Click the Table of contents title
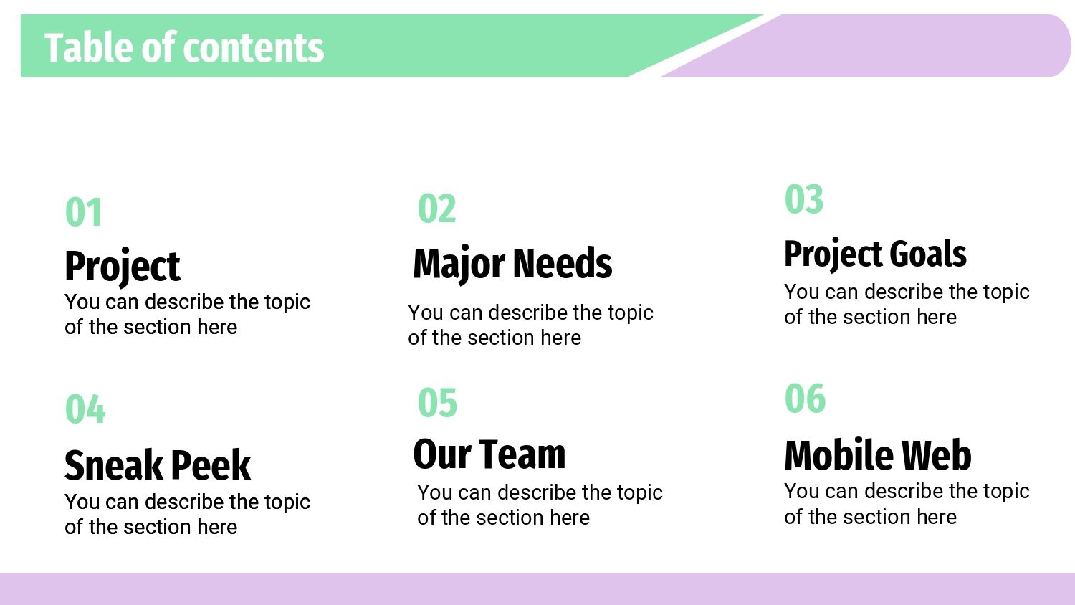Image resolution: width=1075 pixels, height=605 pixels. tap(184, 47)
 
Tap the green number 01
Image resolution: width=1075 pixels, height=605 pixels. tap(84, 211)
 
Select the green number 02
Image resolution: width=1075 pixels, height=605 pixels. tap(436, 209)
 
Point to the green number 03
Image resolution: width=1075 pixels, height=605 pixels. tap(804, 199)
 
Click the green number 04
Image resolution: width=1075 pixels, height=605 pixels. tap(85, 409)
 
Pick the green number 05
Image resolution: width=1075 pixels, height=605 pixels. tap(437, 402)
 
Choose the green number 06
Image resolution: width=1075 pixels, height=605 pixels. tap(805, 398)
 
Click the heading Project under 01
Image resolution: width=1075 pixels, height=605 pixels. tap(123, 267)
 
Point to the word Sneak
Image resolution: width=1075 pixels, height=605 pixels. tap(114, 465)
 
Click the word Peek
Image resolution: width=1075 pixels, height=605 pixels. tap(211, 465)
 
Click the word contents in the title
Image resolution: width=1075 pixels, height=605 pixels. tap(254, 48)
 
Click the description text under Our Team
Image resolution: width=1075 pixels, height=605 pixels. tap(540, 505)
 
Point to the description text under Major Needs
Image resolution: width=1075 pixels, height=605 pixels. tap(530, 325)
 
